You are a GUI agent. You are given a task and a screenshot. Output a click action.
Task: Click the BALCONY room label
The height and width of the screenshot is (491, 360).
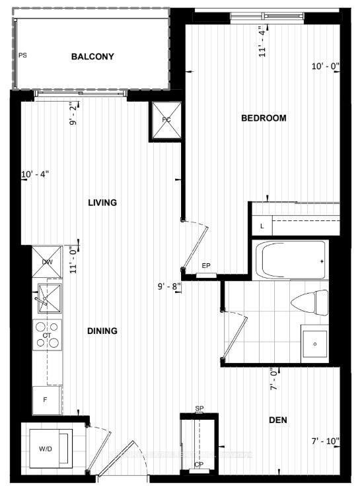click(x=92, y=57)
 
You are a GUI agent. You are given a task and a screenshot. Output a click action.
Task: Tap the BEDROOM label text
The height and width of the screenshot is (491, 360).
click(x=264, y=118)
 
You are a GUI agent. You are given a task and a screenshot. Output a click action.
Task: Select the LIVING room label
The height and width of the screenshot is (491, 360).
click(x=102, y=203)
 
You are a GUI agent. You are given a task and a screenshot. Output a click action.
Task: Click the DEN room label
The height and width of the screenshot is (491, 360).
click(x=277, y=420)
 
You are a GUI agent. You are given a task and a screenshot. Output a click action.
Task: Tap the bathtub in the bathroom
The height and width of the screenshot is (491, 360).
click(x=291, y=260)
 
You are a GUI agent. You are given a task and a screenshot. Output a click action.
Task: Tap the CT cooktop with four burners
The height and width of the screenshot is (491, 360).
click(x=48, y=335)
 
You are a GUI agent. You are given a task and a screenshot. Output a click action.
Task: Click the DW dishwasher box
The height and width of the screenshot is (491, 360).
click(x=48, y=262)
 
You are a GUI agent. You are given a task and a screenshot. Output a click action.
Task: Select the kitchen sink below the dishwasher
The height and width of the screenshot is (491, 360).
click(x=48, y=298)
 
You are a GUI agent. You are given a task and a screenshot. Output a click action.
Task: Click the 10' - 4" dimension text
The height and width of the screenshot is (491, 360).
click(x=35, y=174)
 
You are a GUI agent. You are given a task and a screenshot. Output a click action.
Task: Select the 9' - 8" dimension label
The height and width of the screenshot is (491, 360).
click(x=170, y=286)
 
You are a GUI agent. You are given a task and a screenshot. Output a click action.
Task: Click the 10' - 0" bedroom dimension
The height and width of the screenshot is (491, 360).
click(x=324, y=66)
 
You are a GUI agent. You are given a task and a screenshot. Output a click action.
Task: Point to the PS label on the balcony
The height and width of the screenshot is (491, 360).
click(x=22, y=55)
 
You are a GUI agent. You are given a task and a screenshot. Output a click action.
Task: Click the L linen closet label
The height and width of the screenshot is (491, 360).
click(x=262, y=226)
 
